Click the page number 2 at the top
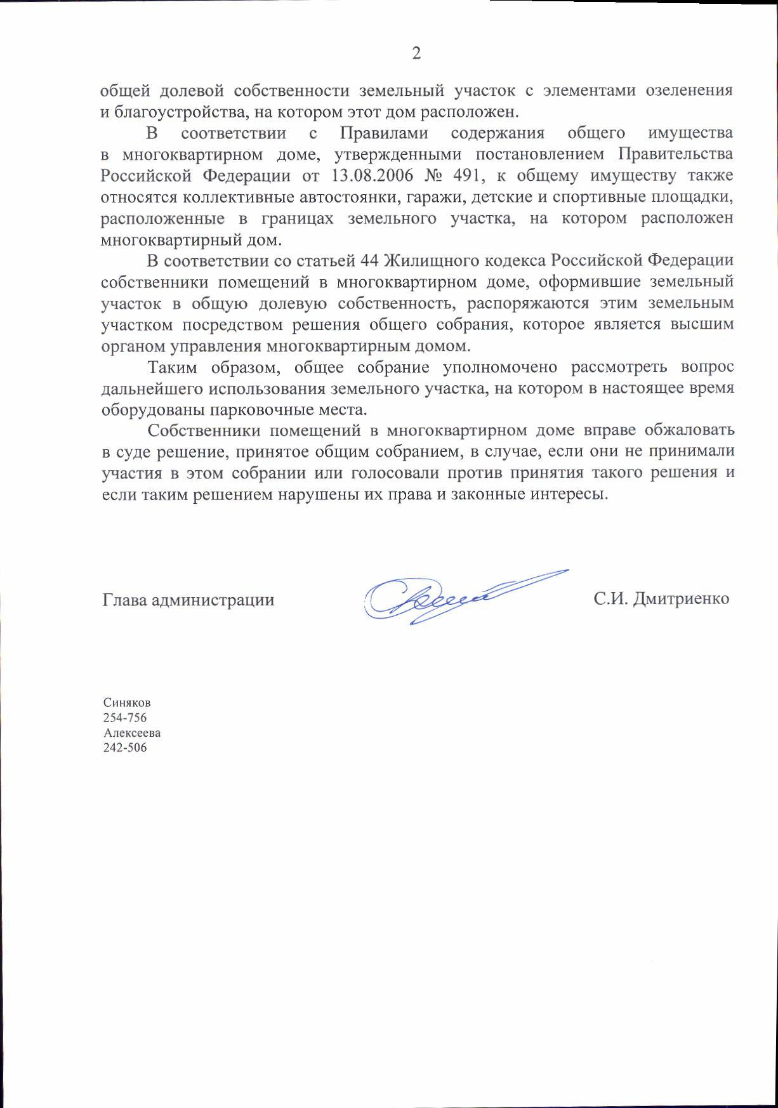416,54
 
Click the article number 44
369,261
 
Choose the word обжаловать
690,430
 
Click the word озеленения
689,91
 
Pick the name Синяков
126,703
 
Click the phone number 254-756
124,718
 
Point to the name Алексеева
131,733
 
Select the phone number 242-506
124,748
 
